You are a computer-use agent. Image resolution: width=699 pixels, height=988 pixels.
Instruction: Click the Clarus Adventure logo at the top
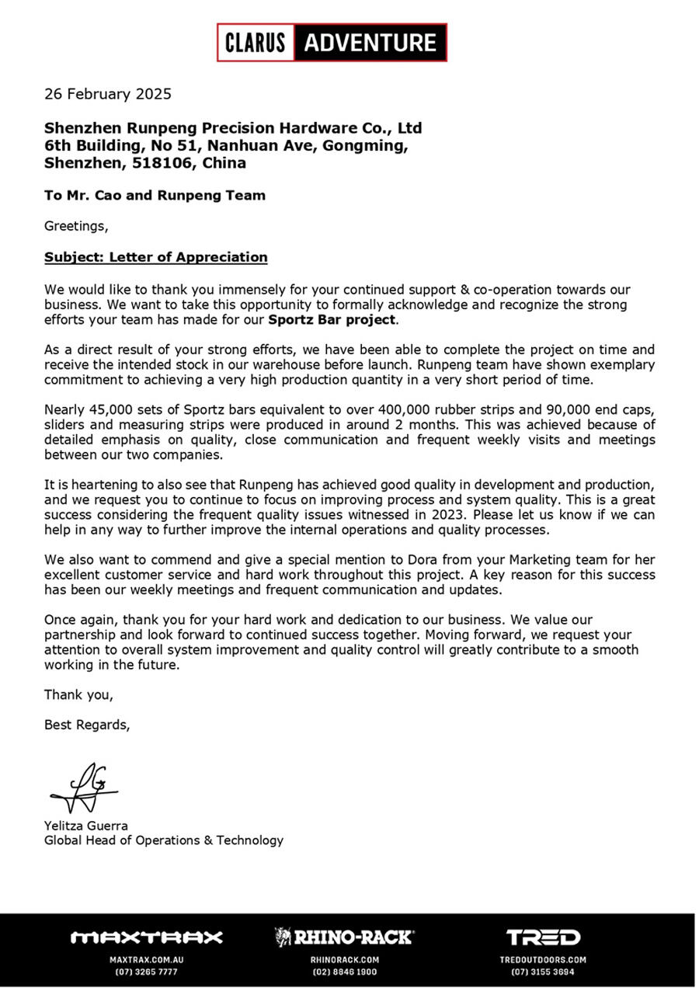click(332, 42)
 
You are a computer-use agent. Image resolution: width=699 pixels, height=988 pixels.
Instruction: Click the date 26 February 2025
click(108, 94)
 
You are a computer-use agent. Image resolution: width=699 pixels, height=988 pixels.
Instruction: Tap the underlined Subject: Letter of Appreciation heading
click(155, 257)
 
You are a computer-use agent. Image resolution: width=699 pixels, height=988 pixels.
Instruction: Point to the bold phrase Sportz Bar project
click(332, 319)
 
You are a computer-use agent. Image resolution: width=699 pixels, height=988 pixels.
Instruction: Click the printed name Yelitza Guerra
click(85, 826)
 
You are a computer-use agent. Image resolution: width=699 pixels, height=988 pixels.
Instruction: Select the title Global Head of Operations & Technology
click(164, 840)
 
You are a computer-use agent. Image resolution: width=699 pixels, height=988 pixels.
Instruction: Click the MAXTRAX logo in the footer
click(147, 938)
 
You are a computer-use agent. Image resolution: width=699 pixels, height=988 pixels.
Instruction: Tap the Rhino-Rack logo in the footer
click(345, 938)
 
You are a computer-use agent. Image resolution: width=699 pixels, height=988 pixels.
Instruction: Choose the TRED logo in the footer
click(543, 938)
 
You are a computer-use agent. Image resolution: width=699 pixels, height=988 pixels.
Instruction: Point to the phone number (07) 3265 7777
click(147, 972)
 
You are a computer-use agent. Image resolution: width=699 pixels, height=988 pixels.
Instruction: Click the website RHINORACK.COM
click(345, 960)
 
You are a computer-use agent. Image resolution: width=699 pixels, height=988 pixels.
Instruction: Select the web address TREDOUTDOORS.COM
click(543, 960)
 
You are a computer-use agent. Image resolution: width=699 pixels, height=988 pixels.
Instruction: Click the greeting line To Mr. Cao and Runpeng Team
click(155, 196)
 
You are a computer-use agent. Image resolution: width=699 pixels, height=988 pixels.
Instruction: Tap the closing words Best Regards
click(87, 725)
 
